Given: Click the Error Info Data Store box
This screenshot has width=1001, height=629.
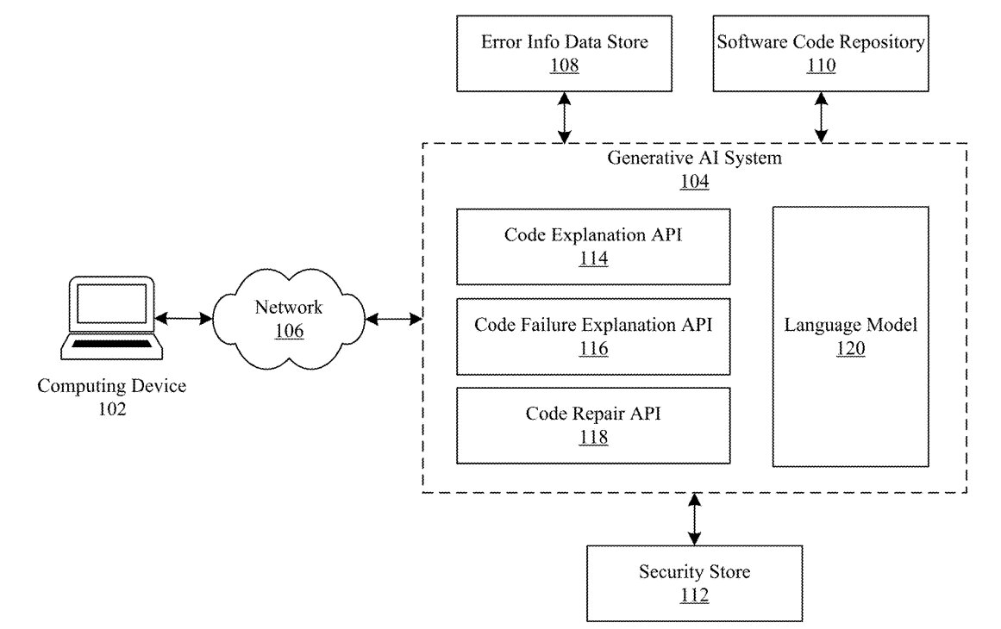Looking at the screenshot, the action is point(565,53).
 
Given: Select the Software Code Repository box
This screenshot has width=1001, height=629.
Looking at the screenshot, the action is point(820,53).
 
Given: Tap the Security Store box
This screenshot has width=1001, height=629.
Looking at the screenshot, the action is point(695,583).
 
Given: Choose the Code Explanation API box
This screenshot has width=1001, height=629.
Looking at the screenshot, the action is point(593,247).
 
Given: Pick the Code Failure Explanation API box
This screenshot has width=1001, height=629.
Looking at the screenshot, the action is point(593,337).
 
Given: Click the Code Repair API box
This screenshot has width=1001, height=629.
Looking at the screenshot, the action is point(593,426).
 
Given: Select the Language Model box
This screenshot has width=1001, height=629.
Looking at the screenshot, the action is point(850,337).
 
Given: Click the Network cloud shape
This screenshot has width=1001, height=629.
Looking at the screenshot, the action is point(289,319).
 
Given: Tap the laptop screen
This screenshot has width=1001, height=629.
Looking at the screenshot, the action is point(112,303).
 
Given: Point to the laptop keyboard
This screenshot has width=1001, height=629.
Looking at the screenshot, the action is point(112,344).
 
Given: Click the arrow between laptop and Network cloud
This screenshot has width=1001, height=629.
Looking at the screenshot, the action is point(184,318).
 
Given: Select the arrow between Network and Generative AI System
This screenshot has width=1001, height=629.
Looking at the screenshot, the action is point(394,318).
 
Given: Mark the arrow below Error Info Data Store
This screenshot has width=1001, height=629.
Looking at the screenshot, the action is point(565,117).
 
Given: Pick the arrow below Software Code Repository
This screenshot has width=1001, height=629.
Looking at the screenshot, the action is point(821,117).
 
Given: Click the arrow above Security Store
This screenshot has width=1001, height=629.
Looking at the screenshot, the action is point(695,519).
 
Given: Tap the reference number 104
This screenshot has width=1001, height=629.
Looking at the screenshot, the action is point(695,182).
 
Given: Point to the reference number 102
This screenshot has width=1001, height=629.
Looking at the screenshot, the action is point(112,409).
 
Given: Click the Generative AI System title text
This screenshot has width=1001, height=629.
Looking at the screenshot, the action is point(695,158).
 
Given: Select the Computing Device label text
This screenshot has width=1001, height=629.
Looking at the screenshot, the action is point(112,386).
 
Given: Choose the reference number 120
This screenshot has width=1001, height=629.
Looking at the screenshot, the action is point(850,348).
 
